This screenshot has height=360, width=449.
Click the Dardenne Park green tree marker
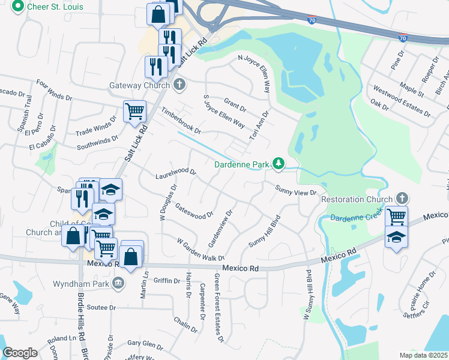pyautogui.click(x=278, y=163)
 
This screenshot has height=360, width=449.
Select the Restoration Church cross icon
pyautogui.click(x=402, y=199)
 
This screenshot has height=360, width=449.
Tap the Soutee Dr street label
pyautogui.click(x=100, y=307)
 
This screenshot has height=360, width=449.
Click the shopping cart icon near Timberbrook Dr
pyautogui.click(x=134, y=111)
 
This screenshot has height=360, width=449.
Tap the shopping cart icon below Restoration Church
pyautogui.click(x=396, y=216)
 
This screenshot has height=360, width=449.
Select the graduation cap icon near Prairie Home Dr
pyautogui.click(x=396, y=238)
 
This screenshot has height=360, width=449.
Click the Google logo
pyautogui.click(x=20, y=353)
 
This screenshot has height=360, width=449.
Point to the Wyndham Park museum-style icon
pyautogui.click(x=119, y=282)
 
